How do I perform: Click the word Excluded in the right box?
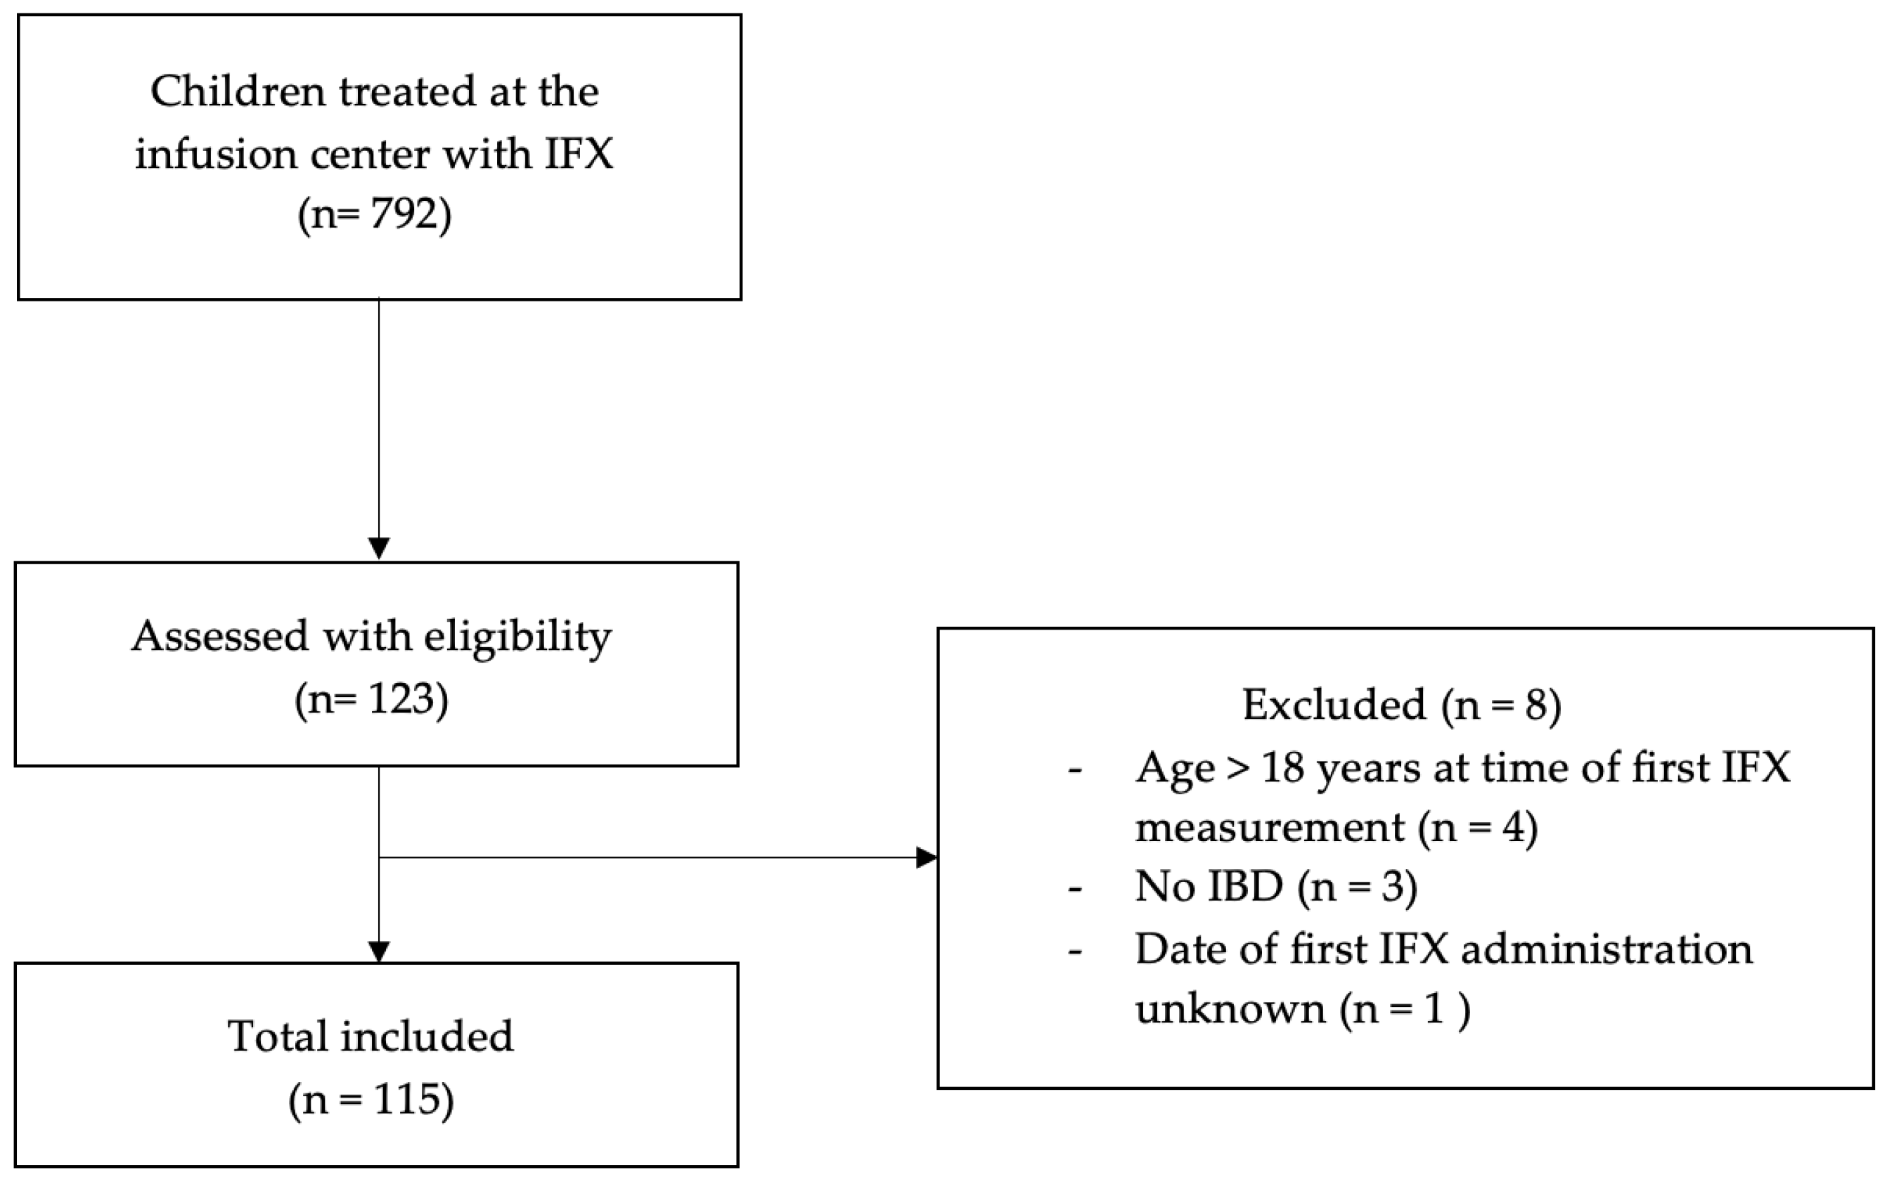pos(1333,704)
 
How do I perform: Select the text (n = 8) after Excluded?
pos(1501,704)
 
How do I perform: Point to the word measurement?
pos(1270,827)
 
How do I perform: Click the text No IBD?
pos(1209,887)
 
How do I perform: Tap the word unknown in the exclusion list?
pos(1230,1008)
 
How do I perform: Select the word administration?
pos(1606,949)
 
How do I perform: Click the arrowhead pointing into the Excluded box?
pos(927,857)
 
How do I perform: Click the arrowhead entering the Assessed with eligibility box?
pos(379,549)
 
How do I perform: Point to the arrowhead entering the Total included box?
pos(379,951)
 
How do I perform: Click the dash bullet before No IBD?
pos(1075,890)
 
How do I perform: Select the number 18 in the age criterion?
pos(1283,767)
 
